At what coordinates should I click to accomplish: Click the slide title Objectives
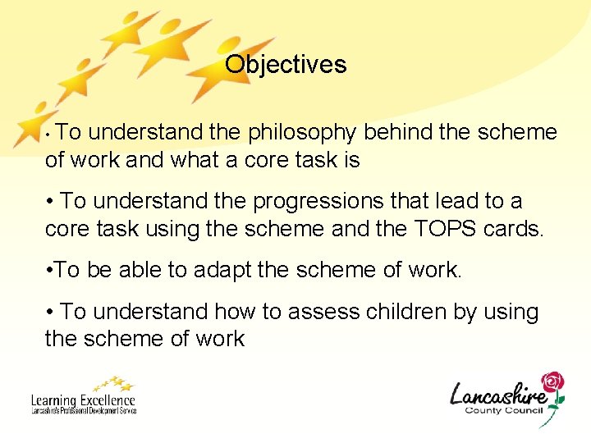[x=286, y=64]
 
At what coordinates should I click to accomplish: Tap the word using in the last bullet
[x=510, y=313]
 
